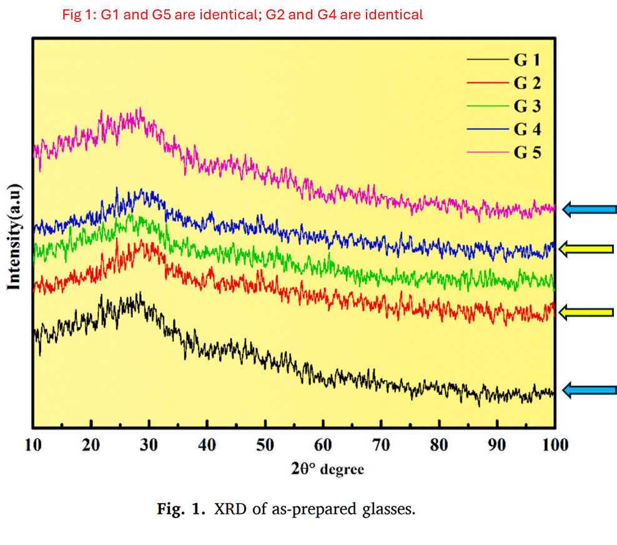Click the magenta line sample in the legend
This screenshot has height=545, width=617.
pyautogui.click(x=486, y=152)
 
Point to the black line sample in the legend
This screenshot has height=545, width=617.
pyautogui.click(x=486, y=61)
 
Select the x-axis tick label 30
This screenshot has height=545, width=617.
pyautogui.click(x=149, y=445)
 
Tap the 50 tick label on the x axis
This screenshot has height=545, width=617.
pyautogui.click(x=265, y=445)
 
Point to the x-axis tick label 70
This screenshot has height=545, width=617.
pyautogui.click(x=381, y=445)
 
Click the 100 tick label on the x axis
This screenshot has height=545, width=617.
pyautogui.click(x=555, y=445)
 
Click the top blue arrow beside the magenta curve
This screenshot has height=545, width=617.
pyautogui.click(x=589, y=209)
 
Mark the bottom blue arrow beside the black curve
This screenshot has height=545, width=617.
pyautogui.click(x=589, y=391)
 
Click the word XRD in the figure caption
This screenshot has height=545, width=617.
pyautogui.click(x=229, y=509)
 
